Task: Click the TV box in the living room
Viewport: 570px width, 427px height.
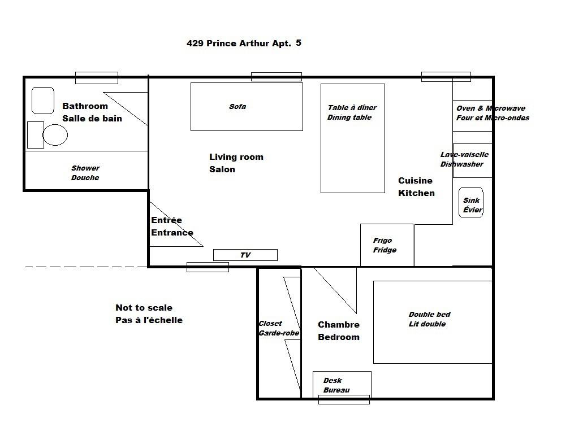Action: (245, 255)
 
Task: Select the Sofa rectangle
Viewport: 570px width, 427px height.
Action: (247, 107)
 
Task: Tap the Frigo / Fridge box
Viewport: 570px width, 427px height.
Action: (387, 245)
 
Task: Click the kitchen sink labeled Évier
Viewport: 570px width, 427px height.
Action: (470, 202)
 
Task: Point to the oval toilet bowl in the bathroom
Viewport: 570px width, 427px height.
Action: (55, 135)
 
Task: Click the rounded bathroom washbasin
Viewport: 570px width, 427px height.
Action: (43, 100)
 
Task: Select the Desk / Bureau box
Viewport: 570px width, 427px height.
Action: (342, 385)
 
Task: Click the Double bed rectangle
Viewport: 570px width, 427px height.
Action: (433, 322)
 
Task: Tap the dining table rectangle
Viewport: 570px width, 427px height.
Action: (353, 138)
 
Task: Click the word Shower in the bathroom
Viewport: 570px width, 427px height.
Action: (85, 168)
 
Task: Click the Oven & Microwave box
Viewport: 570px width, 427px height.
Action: (472, 115)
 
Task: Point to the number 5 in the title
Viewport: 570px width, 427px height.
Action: (299, 43)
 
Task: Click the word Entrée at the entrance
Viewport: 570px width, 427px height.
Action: (166, 220)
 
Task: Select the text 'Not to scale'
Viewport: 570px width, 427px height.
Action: (144, 307)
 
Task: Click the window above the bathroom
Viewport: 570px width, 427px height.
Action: (97, 78)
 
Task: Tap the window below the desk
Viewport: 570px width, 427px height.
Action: (344, 399)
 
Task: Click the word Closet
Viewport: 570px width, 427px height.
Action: (270, 323)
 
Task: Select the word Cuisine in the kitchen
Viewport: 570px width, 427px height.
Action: (415, 181)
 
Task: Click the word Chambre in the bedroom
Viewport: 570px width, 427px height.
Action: (338, 325)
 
